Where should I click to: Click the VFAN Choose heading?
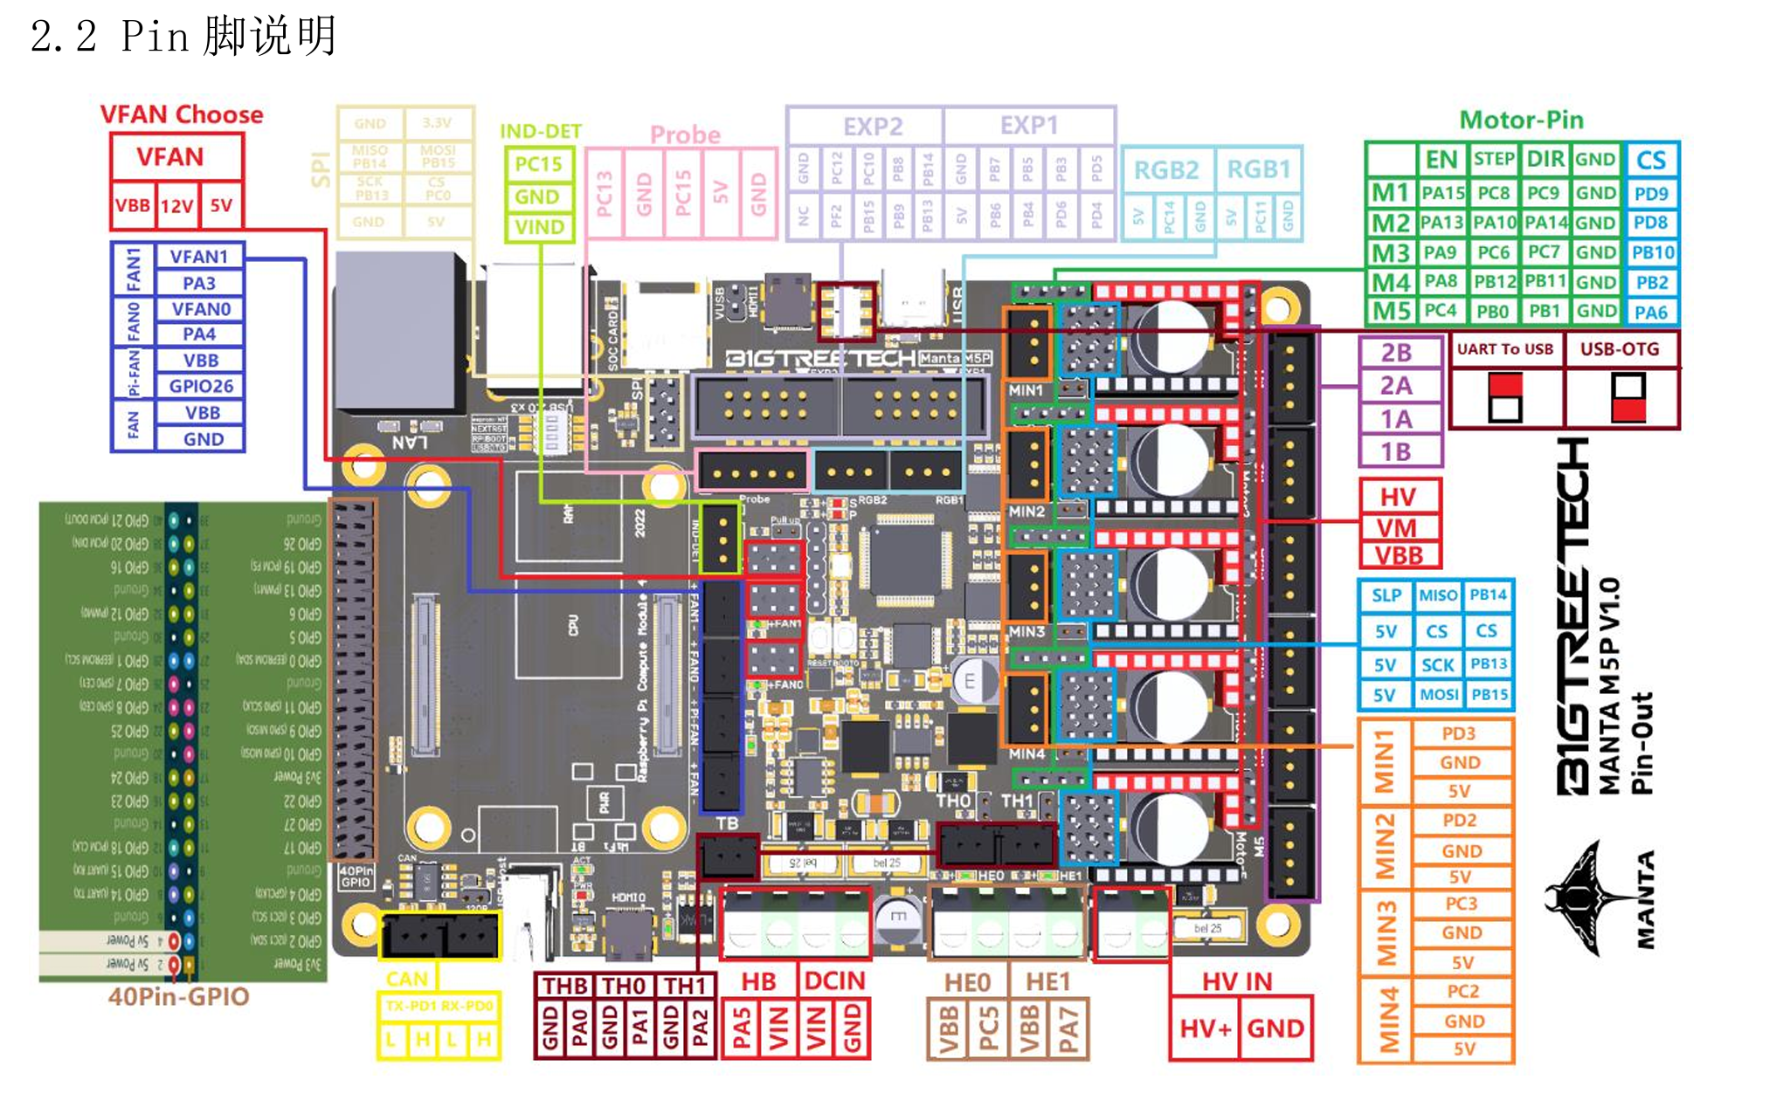tap(181, 114)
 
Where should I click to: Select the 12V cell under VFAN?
tap(176, 206)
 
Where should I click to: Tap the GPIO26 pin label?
tap(201, 386)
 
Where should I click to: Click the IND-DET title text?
tap(540, 131)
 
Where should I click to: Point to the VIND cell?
tap(539, 227)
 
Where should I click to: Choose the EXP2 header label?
tap(872, 127)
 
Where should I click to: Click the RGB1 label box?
tap(1258, 169)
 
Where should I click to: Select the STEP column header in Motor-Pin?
tap(1493, 159)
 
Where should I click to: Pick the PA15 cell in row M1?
tap(1442, 193)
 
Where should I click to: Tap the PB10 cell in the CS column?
tap(1652, 253)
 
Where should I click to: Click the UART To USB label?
tap(1504, 349)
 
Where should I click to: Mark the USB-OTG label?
tap(1619, 349)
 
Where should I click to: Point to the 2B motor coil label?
tap(1396, 353)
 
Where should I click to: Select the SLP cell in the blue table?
tap(1386, 595)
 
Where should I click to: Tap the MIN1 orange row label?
tap(1384, 761)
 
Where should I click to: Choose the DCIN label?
tap(834, 981)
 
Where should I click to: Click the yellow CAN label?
tap(407, 980)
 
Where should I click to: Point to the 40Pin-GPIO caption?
tap(179, 997)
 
